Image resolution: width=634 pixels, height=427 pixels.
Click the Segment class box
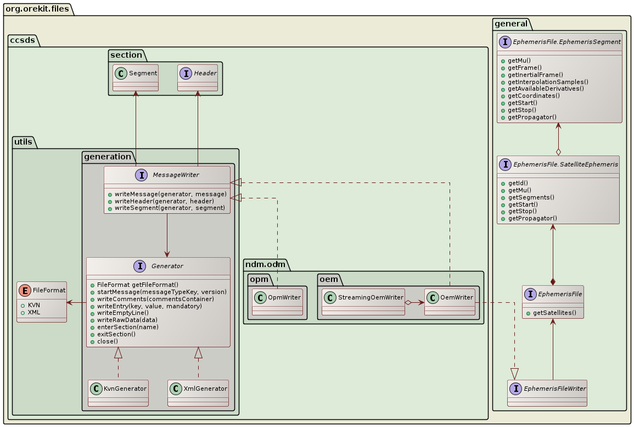click(136, 77)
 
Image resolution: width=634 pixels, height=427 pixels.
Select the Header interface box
click(198, 77)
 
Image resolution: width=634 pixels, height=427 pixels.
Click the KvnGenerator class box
click(118, 392)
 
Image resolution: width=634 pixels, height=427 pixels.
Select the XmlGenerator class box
click(198, 392)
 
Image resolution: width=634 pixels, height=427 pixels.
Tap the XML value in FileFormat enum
click(34, 312)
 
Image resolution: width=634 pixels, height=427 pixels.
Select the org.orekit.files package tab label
click(37, 8)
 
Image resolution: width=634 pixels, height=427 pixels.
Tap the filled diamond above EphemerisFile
click(553, 281)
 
